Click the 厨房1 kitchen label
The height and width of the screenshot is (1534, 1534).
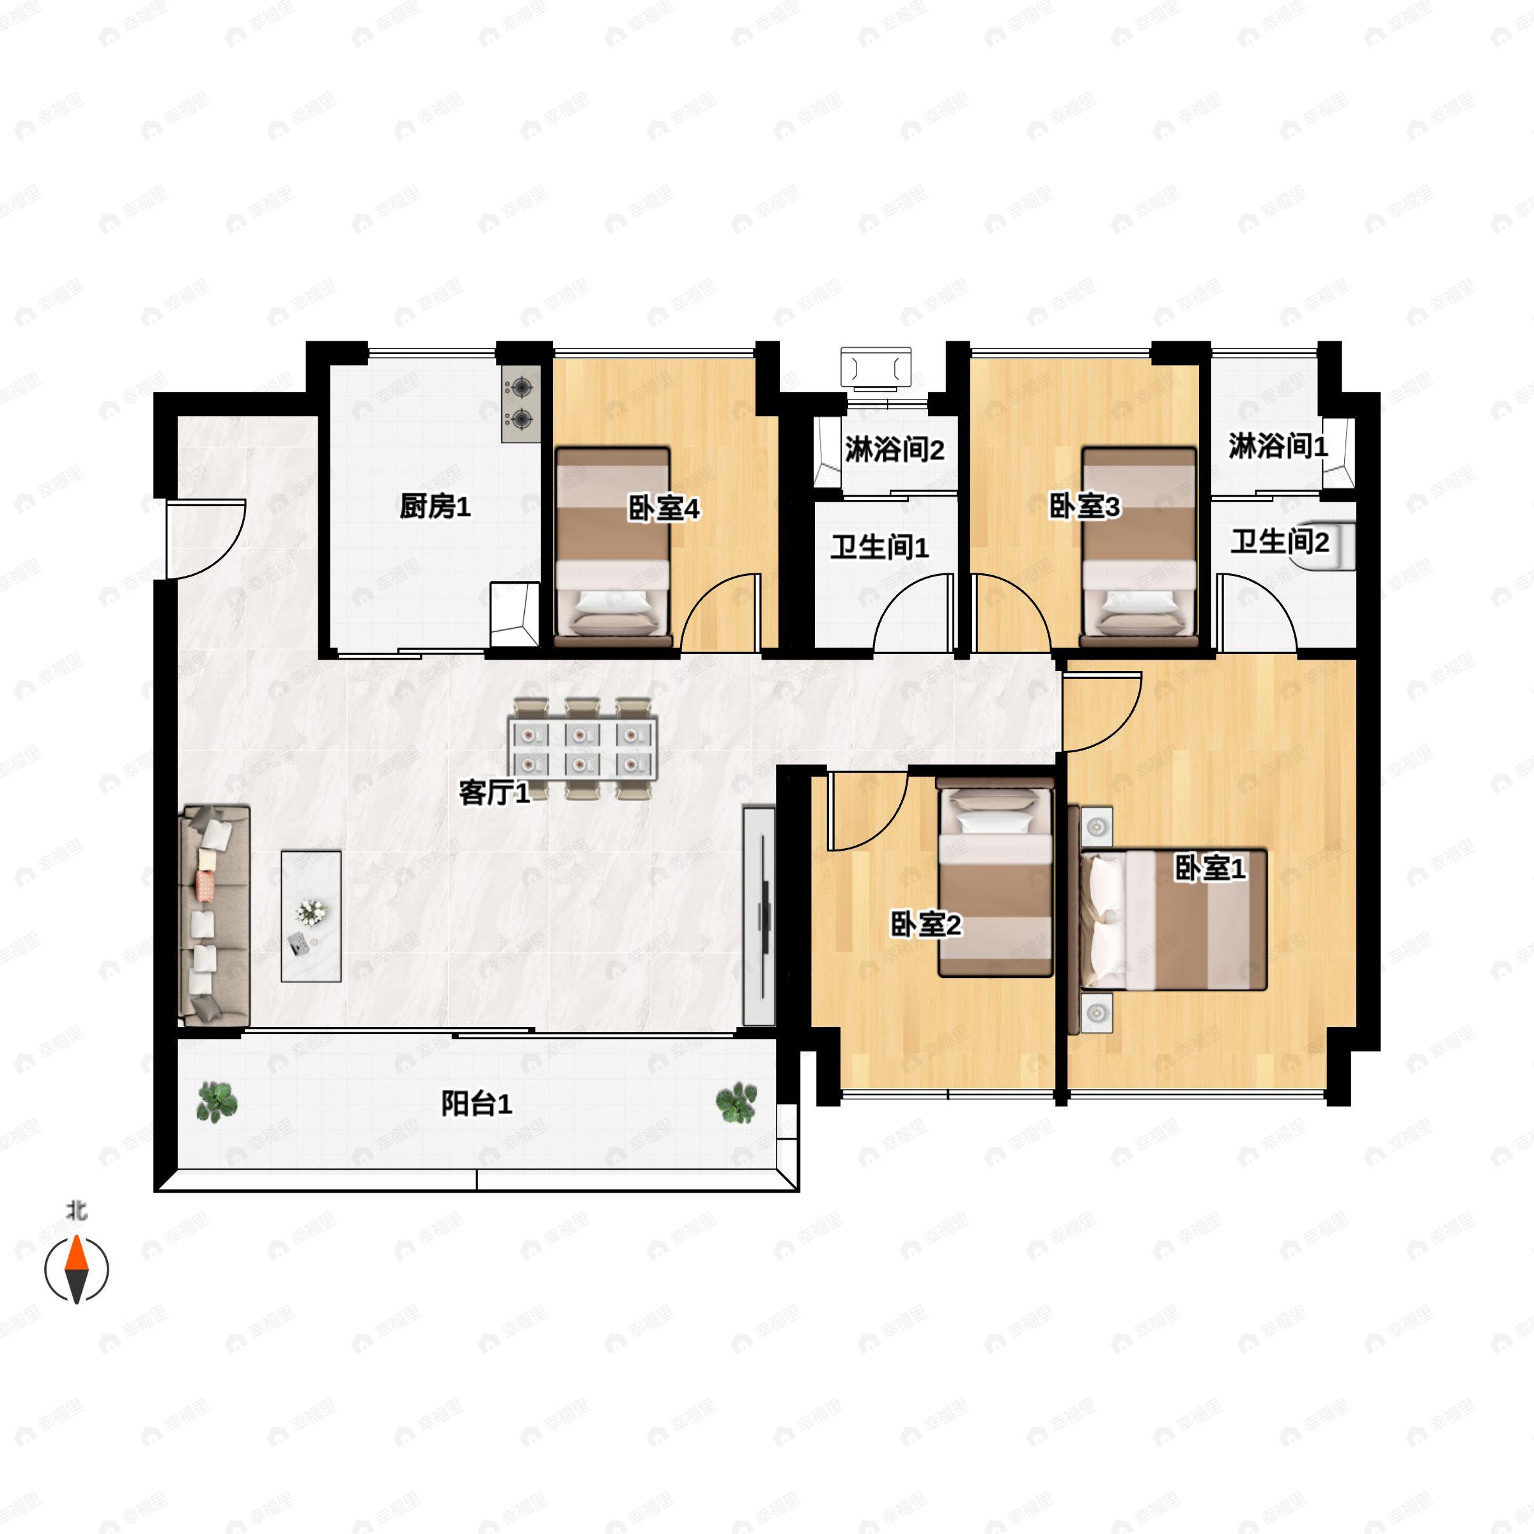[x=435, y=507]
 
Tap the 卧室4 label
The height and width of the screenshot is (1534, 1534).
[x=664, y=509]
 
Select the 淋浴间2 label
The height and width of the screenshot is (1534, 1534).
[x=894, y=450]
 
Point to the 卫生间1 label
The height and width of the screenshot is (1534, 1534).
[x=879, y=548]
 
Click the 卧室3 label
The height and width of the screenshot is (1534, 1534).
[x=1085, y=507]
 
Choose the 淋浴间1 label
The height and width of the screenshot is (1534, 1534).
[x=1278, y=447]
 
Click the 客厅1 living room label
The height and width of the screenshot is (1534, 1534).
[x=495, y=793]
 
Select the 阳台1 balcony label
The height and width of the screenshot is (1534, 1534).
[x=476, y=1104]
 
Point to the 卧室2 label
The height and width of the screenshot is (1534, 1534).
[x=926, y=925]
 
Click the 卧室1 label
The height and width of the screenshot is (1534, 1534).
[x=1210, y=869]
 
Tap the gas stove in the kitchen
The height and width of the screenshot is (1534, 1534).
[x=521, y=403]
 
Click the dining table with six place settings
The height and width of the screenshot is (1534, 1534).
[x=583, y=748]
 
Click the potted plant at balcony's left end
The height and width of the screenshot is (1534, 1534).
[x=217, y=1102]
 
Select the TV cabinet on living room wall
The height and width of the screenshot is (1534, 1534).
[x=759, y=917]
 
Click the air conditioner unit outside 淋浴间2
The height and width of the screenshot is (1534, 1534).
[x=876, y=368]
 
